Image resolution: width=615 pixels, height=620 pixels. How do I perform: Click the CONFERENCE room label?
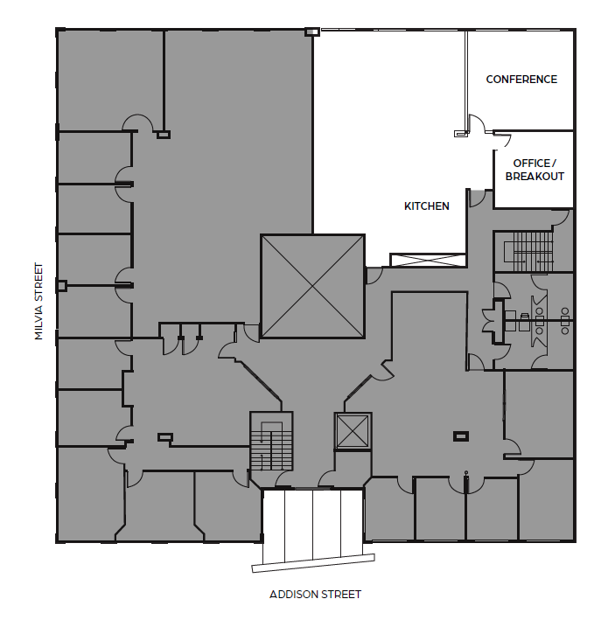(x=521, y=80)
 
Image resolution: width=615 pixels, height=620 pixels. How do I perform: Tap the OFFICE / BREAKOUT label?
(x=534, y=170)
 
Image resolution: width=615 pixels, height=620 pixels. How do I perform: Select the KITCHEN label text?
(x=427, y=206)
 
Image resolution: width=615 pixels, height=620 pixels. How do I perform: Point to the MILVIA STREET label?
(x=38, y=301)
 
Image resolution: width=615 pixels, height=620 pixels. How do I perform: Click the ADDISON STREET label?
(x=315, y=595)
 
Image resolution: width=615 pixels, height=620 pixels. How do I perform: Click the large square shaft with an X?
(x=312, y=286)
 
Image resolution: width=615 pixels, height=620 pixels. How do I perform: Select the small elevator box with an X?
(x=353, y=431)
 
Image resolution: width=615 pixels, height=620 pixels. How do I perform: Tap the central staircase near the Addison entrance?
(x=272, y=443)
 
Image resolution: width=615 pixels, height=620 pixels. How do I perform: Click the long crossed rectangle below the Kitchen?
(x=426, y=260)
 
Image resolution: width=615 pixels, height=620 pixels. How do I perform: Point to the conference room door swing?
(x=478, y=123)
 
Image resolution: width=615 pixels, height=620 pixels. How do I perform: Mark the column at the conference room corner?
(x=460, y=134)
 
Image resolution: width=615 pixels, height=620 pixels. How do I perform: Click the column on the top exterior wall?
(x=311, y=32)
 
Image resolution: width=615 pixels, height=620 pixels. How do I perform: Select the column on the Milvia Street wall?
(x=61, y=286)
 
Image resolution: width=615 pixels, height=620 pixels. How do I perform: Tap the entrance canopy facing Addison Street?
(x=312, y=530)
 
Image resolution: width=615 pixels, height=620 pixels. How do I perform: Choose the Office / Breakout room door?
(x=503, y=140)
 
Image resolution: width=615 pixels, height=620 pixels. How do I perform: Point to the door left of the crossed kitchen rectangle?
(x=373, y=275)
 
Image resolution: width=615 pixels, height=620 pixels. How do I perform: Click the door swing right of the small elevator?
(x=382, y=371)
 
